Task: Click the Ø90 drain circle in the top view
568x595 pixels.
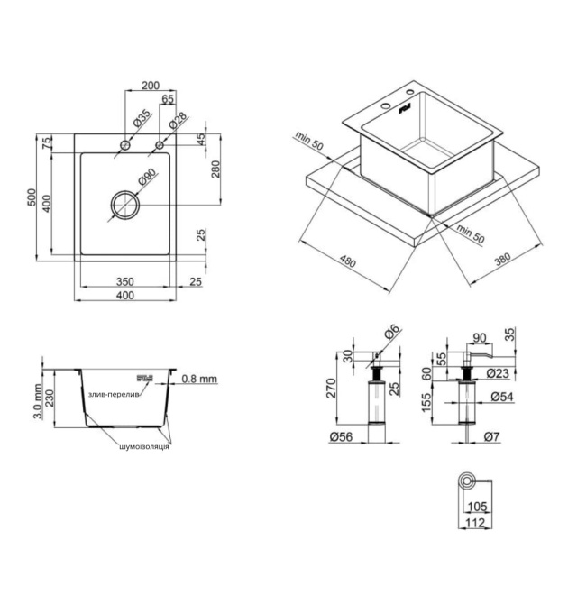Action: (x=125, y=191)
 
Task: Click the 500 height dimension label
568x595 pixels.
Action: (x=32, y=197)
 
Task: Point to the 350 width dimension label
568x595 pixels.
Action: (x=124, y=281)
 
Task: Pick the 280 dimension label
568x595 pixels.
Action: (x=215, y=169)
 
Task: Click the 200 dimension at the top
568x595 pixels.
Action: (x=151, y=86)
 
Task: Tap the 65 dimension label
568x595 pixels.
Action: (x=168, y=98)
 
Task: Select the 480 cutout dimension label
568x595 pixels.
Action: (x=347, y=261)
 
